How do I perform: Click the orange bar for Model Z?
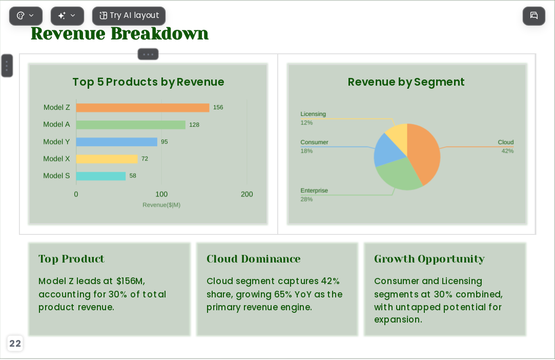(x=142, y=108)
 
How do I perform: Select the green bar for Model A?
(x=131, y=125)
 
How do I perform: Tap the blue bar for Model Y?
(x=116, y=142)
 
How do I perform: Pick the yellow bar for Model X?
(x=107, y=159)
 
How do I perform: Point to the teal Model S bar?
(x=101, y=176)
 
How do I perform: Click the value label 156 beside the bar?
(x=218, y=107)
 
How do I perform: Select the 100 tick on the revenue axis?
(x=161, y=194)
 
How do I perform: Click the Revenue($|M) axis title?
(x=161, y=205)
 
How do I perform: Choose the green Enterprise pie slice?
(x=398, y=174)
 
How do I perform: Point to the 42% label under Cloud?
(x=507, y=151)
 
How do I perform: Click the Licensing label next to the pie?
(x=313, y=114)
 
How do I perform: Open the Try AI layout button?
(x=129, y=15)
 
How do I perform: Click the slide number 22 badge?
(x=15, y=344)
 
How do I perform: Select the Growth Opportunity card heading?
(x=429, y=259)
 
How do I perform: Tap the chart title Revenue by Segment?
(x=406, y=82)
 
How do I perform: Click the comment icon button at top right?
(x=534, y=15)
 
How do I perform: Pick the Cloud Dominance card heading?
(x=254, y=259)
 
